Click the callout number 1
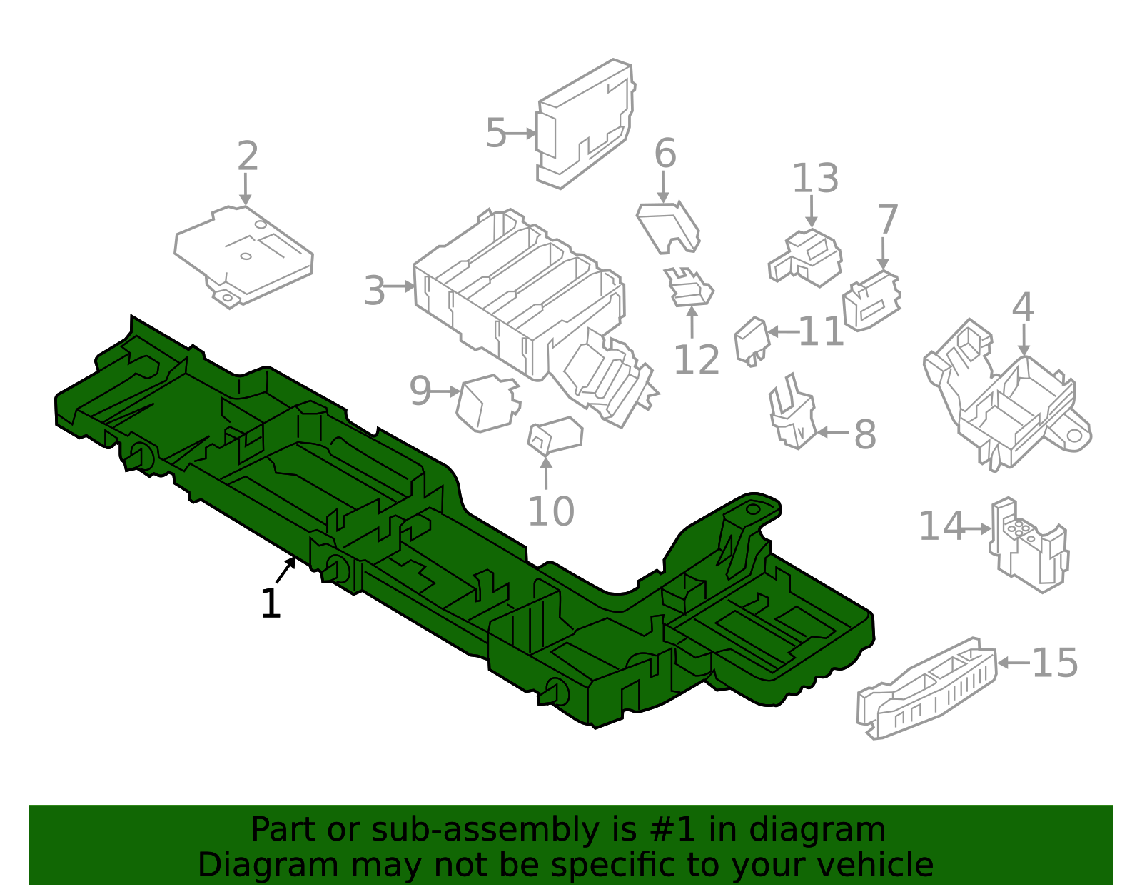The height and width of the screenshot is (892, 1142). pyautogui.click(x=271, y=603)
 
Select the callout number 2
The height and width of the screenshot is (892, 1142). pyautogui.click(x=248, y=156)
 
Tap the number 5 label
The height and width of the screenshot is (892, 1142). pyautogui.click(x=495, y=133)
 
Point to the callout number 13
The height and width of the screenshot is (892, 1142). pyautogui.click(x=815, y=179)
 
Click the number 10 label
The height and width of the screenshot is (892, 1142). pyautogui.click(x=551, y=511)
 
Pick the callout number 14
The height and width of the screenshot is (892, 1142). pyautogui.click(x=941, y=526)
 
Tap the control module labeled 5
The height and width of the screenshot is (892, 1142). pyautogui.click(x=586, y=124)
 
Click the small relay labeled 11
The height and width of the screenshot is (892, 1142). pyautogui.click(x=752, y=341)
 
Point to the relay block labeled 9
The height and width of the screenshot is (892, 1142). pyautogui.click(x=488, y=403)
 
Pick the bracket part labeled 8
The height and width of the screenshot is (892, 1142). pyautogui.click(x=792, y=414)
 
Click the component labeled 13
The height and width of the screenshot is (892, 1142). pyautogui.click(x=806, y=258)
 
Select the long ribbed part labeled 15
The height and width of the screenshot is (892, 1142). pyautogui.click(x=926, y=688)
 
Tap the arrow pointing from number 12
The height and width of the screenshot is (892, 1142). pyautogui.click(x=692, y=321)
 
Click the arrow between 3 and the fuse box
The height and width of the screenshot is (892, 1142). pyautogui.click(x=399, y=286)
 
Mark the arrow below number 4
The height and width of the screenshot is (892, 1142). pyautogui.click(x=1024, y=339)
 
